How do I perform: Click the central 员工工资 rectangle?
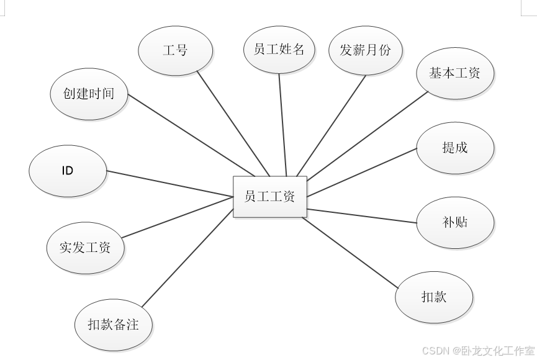pos(269,197)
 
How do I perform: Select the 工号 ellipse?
pos(175,50)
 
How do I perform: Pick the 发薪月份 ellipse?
pos(365,50)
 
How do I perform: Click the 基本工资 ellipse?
pos(454,73)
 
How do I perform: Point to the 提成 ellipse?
pos(454,148)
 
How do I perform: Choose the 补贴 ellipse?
pos(454,222)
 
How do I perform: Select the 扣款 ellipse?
pos(433,297)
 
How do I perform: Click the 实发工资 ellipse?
pos(85,248)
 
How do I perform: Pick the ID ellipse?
pos(67,170)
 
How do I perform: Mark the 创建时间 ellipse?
pos(88,94)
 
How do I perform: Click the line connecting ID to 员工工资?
pos(169,184)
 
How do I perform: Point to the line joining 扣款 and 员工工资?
pos(350,252)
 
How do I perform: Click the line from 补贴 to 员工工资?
pos(361,216)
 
